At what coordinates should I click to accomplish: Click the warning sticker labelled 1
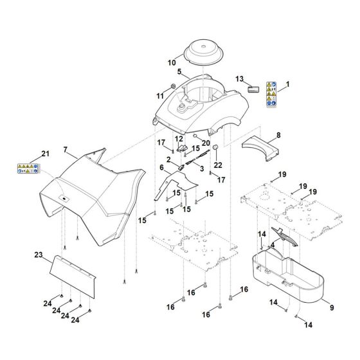point(271,94)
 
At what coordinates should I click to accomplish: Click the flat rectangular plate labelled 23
point(77,273)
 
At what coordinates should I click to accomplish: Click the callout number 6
point(161,166)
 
